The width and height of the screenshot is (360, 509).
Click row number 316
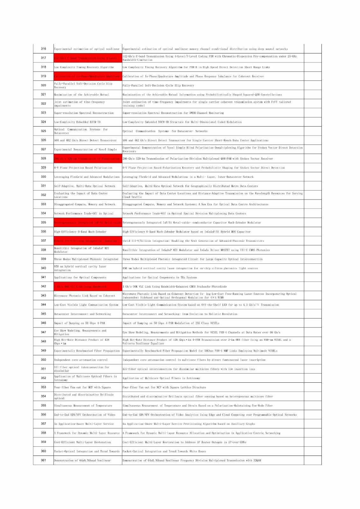pos(43,49)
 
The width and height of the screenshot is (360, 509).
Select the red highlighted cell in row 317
pos(88,58)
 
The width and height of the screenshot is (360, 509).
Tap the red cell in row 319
pos(88,76)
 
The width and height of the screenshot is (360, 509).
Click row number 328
pos(43,158)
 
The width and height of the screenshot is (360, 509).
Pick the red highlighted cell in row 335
pos(88,223)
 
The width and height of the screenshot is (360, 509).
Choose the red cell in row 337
pos(88,241)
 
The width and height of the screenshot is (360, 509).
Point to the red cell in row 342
pos(88,286)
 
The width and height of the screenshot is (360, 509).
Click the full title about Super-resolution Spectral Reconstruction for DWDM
pos(173,113)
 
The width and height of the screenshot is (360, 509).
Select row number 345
pos(43,314)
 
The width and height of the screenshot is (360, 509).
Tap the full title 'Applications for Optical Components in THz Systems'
pos(160,277)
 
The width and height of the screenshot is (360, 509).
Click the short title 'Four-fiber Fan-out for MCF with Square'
pos(82,387)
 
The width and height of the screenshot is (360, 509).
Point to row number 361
pos(43,460)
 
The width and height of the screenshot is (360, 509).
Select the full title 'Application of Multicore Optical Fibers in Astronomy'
pos(161,378)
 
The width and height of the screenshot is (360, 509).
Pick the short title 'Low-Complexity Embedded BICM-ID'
pos(77,122)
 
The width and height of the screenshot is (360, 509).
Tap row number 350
pos(43,360)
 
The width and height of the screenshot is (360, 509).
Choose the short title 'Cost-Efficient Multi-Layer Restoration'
pos(82,442)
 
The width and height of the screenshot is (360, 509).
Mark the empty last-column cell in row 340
pos(313,268)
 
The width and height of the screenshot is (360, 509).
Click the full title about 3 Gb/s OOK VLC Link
pos(175,287)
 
